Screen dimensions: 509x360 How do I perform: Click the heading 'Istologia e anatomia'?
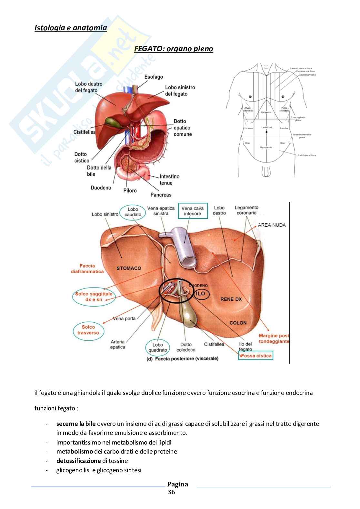click(x=70, y=28)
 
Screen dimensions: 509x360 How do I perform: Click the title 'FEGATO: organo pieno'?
click(x=173, y=49)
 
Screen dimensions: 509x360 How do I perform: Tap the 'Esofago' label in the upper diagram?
click(x=154, y=77)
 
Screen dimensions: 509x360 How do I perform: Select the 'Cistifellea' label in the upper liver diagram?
click(x=85, y=132)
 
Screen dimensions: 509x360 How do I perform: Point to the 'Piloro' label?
click(x=130, y=191)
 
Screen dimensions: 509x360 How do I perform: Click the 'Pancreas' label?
click(x=161, y=195)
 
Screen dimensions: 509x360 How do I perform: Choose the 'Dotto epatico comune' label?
click(x=183, y=128)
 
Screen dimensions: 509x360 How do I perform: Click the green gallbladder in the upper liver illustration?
click(x=112, y=122)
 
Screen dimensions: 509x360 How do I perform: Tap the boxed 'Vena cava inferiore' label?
click(x=193, y=211)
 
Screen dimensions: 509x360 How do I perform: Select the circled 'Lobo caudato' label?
click(x=133, y=212)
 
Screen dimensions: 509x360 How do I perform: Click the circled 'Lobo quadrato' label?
click(x=158, y=347)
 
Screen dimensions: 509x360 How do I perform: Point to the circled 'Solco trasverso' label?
click(x=88, y=330)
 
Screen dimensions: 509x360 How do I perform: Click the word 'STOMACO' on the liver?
click(x=129, y=268)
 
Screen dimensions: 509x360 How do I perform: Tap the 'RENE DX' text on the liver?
click(x=231, y=299)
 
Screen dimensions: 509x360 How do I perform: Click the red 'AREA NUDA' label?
click(x=272, y=225)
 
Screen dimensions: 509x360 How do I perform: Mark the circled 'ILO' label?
click(x=200, y=294)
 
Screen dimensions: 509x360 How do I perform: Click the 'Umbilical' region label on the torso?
click(x=266, y=128)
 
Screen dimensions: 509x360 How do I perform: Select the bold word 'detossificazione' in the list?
click(x=78, y=461)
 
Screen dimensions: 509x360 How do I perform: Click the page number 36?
click(x=171, y=492)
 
